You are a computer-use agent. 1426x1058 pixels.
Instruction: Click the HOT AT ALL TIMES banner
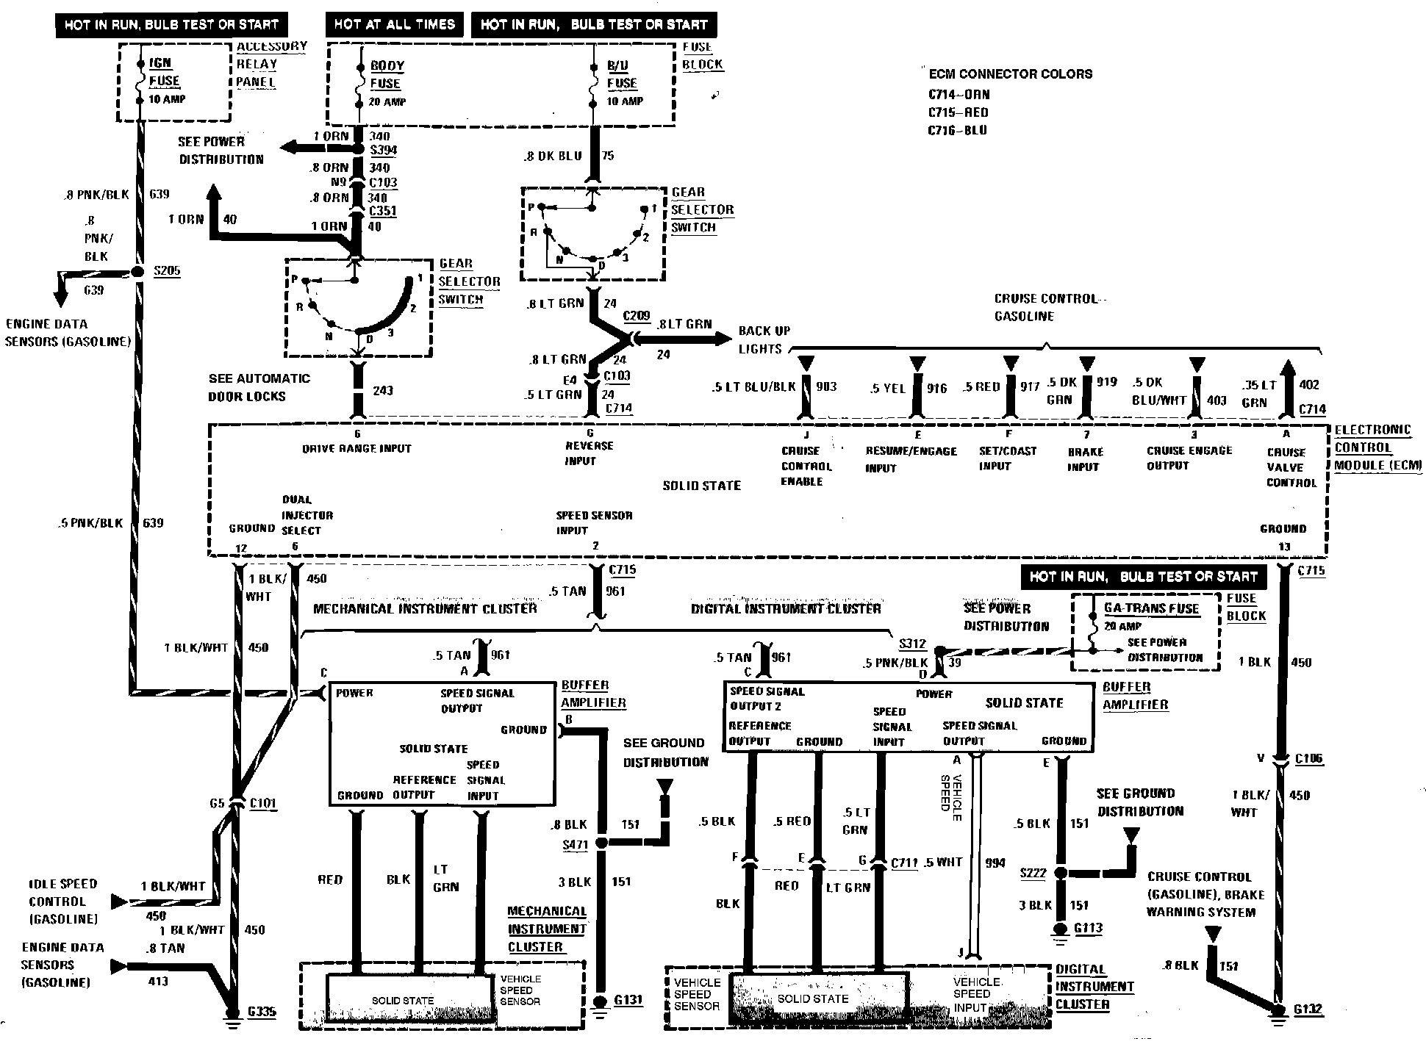(x=395, y=24)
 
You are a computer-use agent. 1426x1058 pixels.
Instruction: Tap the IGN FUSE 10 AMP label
(x=165, y=81)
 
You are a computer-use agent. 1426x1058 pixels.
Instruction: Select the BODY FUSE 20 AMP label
(x=387, y=83)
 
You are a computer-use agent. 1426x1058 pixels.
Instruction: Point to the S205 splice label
(x=167, y=271)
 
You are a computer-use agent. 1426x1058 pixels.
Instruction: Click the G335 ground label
(x=262, y=1012)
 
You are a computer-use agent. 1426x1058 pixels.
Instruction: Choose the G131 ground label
(x=628, y=1000)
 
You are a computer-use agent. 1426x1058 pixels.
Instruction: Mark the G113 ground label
(x=1088, y=928)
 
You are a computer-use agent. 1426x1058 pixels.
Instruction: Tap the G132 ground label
(x=1308, y=1010)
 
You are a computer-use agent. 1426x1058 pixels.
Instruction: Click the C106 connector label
(x=1308, y=759)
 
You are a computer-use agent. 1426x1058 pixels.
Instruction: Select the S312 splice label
(x=912, y=644)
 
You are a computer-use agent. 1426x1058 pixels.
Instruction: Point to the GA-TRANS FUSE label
(x=1151, y=608)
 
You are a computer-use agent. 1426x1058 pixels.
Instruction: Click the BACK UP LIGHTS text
(x=764, y=339)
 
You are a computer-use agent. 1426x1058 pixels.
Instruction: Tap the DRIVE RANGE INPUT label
(x=356, y=449)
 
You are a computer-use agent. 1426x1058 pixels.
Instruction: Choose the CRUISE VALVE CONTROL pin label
(x=1291, y=467)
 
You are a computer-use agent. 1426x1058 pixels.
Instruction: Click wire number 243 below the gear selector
(x=383, y=390)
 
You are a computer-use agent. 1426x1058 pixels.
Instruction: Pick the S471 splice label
(x=576, y=845)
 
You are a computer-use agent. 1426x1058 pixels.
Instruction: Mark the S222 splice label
(x=1033, y=873)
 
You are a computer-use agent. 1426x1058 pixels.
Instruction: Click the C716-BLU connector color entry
(x=958, y=130)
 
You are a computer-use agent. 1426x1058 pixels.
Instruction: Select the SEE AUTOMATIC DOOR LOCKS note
(x=259, y=387)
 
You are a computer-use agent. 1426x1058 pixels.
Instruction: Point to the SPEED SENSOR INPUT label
(x=594, y=522)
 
